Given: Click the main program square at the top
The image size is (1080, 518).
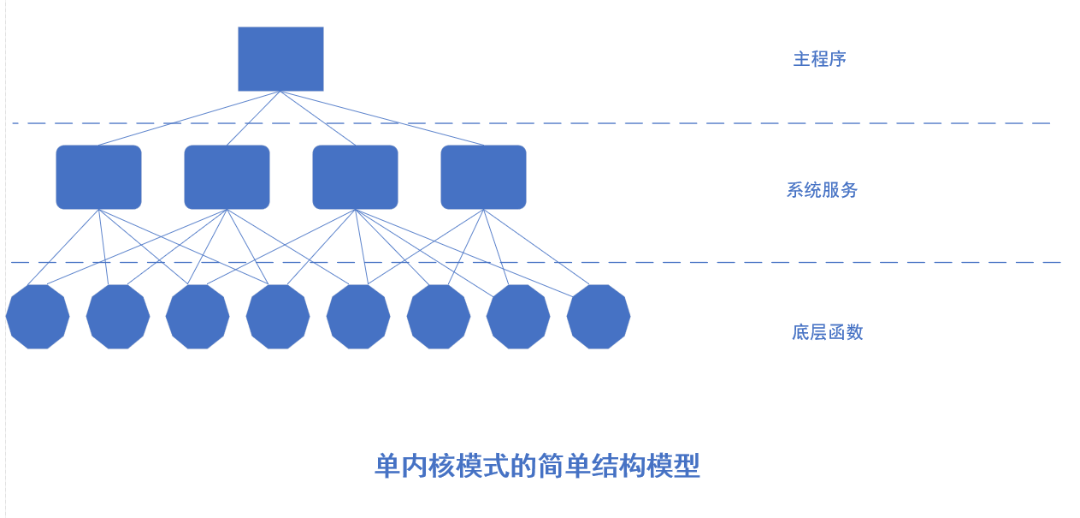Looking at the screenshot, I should (280, 58).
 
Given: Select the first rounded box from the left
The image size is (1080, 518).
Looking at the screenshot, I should (98, 176).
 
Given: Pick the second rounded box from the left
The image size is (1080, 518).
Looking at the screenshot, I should (227, 176).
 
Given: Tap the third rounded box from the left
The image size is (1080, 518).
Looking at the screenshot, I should (355, 176).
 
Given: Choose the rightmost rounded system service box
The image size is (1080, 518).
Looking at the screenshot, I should (483, 176).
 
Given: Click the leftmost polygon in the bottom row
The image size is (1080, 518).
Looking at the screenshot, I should (38, 317).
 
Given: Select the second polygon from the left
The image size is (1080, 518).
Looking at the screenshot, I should (118, 317).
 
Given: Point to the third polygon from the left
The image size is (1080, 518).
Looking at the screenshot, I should (198, 317).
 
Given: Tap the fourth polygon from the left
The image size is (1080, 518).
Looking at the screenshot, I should (278, 317).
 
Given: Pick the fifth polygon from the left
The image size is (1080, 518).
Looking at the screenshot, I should (358, 317).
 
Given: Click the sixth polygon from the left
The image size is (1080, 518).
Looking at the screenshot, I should (439, 317).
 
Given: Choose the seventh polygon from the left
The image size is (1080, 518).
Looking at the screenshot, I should (518, 317).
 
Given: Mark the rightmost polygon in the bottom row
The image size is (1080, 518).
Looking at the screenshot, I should (599, 317).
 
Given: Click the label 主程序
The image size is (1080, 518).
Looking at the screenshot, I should (819, 59).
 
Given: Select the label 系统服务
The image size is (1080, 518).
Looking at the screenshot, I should (822, 190).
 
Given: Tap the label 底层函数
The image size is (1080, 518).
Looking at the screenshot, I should (827, 332).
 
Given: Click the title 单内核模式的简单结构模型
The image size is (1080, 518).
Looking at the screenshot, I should (537, 467).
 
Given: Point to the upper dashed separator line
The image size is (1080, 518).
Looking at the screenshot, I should (684, 123).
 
